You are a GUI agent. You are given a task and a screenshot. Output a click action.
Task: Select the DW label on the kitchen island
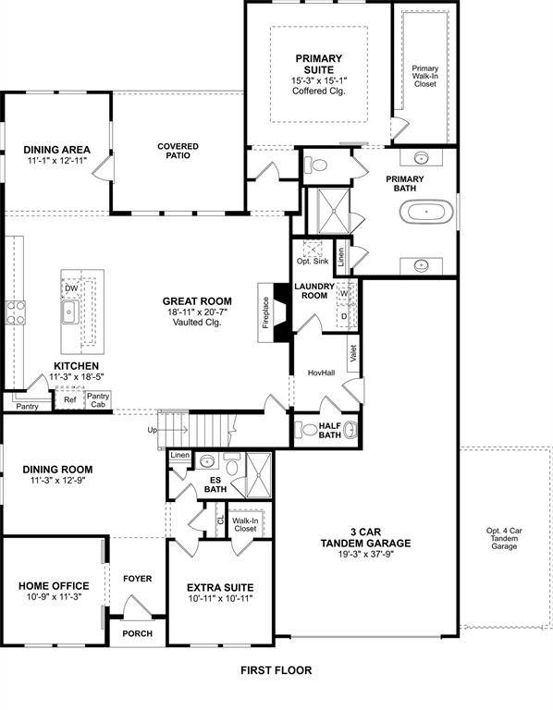[x=70, y=288]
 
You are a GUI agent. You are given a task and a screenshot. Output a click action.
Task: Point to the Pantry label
[x=26, y=405]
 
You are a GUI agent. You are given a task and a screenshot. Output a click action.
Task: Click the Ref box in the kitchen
[x=68, y=400]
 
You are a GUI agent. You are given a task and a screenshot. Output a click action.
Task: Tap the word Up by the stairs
[x=153, y=431]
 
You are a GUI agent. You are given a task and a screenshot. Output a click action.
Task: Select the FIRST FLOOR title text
[x=276, y=670]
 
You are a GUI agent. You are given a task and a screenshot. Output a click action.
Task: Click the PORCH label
[x=138, y=633]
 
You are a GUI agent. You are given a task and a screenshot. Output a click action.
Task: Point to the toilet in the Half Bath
[x=310, y=430]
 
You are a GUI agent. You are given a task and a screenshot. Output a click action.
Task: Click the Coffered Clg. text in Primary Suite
[x=319, y=91]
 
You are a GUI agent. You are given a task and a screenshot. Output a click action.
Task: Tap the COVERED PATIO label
[x=178, y=152]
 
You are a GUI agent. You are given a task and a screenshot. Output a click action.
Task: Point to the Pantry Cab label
[x=98, y=399]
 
